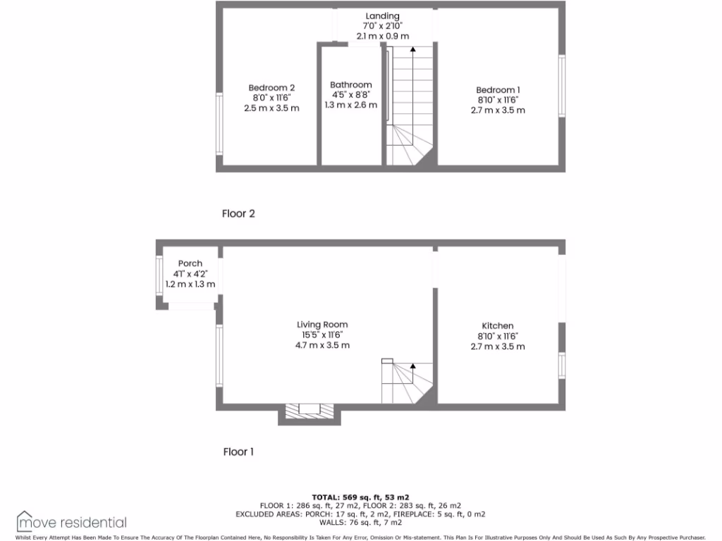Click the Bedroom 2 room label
coord(271,88)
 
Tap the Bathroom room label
coord(350,85)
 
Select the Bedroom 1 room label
coord(498,89)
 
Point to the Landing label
coord(382,16)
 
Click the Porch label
coord(190,263)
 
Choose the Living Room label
coord(322,325)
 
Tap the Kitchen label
coord(497,325)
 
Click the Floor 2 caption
coord(238,213)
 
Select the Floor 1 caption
coord(238,452)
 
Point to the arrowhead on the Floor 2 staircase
coord(412,51)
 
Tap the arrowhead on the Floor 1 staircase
coord(412,366)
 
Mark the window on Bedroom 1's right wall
coord(562,86)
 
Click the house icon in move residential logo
coord(25,521)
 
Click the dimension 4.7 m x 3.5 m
coord(322,345)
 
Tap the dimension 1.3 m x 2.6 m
coord(350,105)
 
